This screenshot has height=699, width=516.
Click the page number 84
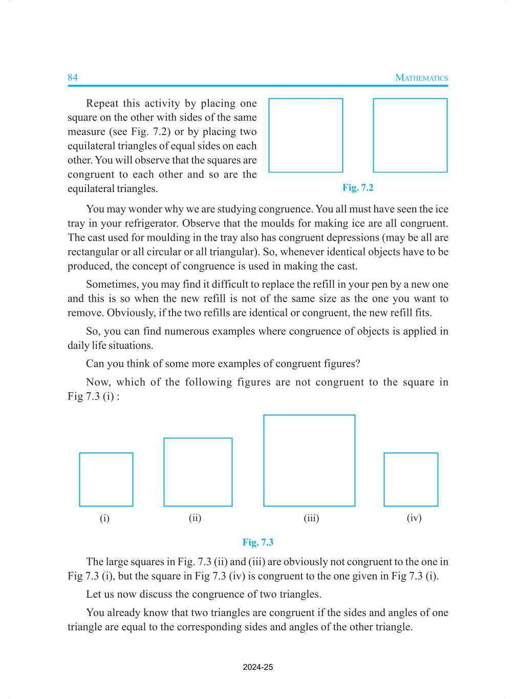click(73, 77)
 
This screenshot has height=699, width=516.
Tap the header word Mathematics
click(421, 78)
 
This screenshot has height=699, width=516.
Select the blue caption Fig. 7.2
click(358, 187)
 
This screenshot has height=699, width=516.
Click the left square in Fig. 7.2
click(306, 135)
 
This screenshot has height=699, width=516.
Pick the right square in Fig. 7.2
click(410, 135)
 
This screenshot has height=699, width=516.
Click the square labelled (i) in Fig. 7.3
click(106, 479)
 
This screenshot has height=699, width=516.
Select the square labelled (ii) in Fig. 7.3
click(198, 472)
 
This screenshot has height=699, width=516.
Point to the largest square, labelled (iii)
click(309, 460)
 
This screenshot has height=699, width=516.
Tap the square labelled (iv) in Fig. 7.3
click(411, 479)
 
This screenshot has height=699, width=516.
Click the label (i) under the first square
click(104, 518)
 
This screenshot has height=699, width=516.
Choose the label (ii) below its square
click(195, 518)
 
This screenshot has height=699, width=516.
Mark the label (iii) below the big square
click(311, 518)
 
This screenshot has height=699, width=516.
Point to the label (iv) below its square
click(414, 518)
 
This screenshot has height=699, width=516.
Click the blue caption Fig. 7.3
click(258, 542)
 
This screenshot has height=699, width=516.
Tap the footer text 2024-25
click(258, 667)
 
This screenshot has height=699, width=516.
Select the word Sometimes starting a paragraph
click(111, 284)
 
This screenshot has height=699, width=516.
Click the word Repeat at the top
click(102, 103)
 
